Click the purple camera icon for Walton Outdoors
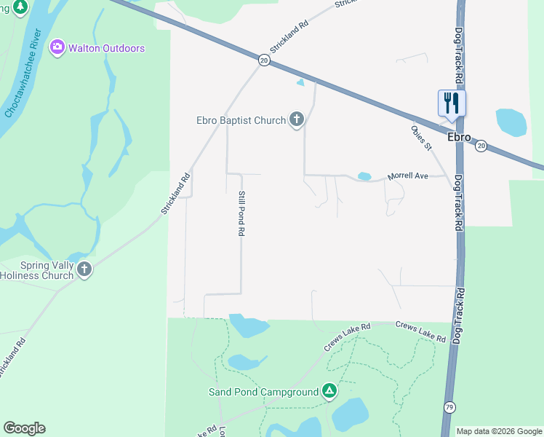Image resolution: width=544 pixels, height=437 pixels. (x=57, y=47)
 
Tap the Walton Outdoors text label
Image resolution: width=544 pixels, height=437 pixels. (x=106, y=48)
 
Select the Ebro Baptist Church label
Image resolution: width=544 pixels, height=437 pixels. (x=241, y=120)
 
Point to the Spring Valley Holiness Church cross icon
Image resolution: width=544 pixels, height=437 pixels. (x=84, y=270)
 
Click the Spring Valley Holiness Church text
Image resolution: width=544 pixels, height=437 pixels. (x=37, y=270)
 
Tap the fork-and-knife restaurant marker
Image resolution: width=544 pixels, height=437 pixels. (x=452, y=103)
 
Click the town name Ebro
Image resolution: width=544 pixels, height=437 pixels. (x=459, y=137)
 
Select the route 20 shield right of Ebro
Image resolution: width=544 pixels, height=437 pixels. (x=481, y=146)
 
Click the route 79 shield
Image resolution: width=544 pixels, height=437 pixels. (x=449, y=406)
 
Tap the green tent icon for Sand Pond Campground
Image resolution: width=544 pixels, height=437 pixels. (x=329, y=392)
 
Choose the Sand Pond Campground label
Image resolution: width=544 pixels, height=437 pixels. (x=263, y=392)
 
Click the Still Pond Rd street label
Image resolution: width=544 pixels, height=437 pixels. (x=240, y=213)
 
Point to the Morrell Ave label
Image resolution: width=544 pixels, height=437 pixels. (x=408, y=176)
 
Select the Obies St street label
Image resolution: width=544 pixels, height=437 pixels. (x=421, y=138)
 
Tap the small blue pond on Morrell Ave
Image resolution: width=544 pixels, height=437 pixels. (x=364, y=176)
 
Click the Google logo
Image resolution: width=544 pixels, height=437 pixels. (x=24, y=428)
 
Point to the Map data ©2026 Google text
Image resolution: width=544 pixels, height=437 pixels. (x=498, y=431)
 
